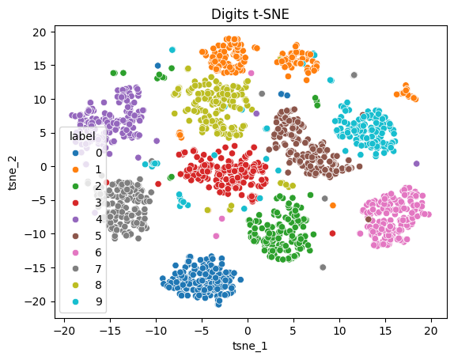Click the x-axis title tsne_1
pos(248,346)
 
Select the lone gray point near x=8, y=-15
pos(323,267)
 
